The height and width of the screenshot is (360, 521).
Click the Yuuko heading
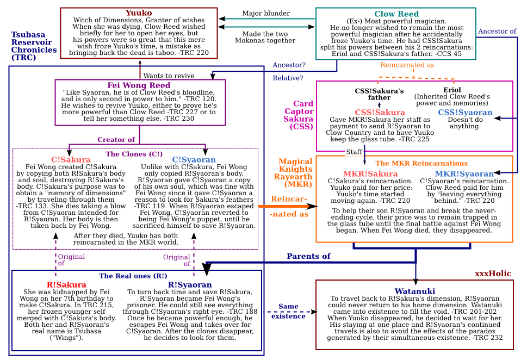pyautogui.click(x=139, y=13)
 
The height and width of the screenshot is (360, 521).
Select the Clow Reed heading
pyautogui.click(x=396, y=14)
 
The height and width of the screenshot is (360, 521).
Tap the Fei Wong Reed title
pyautogui.click(x=140, y=85)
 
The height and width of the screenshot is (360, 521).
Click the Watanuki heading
pyautogui.click(x=414, y=291)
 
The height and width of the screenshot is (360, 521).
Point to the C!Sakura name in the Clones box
pyautogui.click(x=71, y=160)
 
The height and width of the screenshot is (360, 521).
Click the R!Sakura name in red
pyautogui.click(x=66, y=284)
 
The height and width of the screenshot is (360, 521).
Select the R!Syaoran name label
pyautogui.click(x=190, y=284)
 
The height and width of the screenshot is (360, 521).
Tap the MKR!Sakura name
pyautogui.click(x=370, y=174)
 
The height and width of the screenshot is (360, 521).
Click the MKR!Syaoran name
pyautogui.click(x=464, y=174)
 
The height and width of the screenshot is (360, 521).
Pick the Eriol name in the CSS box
pyautogui.click(x=452, y=90)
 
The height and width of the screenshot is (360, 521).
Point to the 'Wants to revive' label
pyautogui.click(x=169, y=76)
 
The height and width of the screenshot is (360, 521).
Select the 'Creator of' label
pyautogui.click(x=116, y=140)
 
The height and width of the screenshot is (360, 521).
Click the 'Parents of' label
pyautogui.click(x=308, y=256)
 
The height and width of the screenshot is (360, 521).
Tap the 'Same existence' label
pyautogui.click(x=288, y=312)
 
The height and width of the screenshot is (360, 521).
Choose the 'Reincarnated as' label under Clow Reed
pyautogui.click(x=407, y=65)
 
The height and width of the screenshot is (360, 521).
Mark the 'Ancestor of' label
pyautogui.click(x=497, y=32)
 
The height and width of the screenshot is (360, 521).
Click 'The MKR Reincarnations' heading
pyautogui.click(x=414, y=163)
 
